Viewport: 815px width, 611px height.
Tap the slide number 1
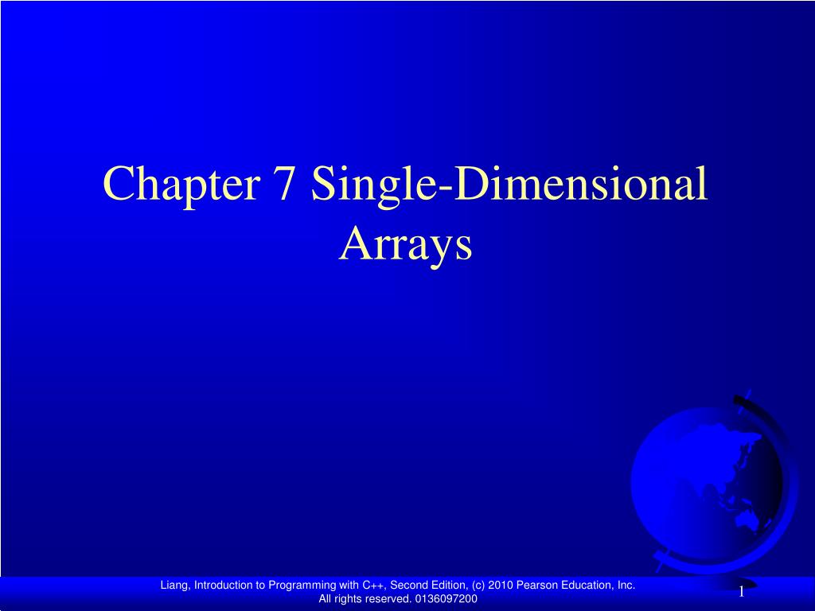[x=741, y=591]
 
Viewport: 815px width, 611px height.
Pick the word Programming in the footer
[x=302, y=586]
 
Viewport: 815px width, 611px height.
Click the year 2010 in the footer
[x=501, y=585]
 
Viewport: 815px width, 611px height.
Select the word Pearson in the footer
[x=536, y=585]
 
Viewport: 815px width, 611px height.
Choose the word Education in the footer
[x=586, y=585]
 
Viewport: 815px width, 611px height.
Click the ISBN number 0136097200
[x=445, y=598]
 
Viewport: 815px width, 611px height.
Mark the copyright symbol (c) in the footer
[x=478, y=586]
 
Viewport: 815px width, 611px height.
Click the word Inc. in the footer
[x=626, y=585]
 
